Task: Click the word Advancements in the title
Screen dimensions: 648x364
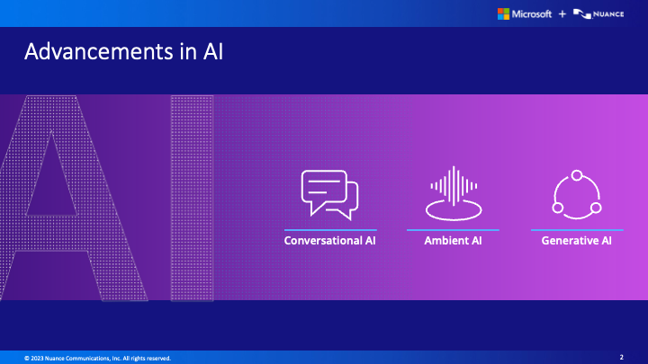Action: click(x=99, y=51)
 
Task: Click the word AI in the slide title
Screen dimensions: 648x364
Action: click(x=213, y=51)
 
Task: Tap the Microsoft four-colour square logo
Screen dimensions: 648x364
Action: click(x=503, y=14)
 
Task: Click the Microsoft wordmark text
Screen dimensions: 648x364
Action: click(x=532, y=14)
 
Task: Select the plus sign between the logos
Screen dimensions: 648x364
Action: click(x=562, y=14)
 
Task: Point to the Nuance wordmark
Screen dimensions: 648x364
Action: click(x=608, y=14)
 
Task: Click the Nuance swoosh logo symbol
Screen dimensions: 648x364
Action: click(x=582, y=14)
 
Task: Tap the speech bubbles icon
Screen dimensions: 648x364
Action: click(x=329, y=195)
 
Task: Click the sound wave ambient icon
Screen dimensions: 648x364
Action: click(x=454, y=193)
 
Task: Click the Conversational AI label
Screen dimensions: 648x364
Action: click(x=329, y=241)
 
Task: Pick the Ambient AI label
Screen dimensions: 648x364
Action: click(x=453, y=241)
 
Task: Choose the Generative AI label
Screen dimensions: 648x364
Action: click(x=577, y=241)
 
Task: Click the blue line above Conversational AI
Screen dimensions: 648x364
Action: click(x=330, y=230)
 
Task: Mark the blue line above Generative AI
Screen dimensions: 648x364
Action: click(x=577, y=230)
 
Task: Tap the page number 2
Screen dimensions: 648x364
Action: click(x=622, y=357)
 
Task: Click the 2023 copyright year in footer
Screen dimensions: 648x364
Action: click(x=37, y=359)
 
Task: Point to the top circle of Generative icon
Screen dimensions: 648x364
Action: click(x=577, y=175)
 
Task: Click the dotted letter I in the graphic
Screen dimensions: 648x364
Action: click(x=193, y=198)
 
